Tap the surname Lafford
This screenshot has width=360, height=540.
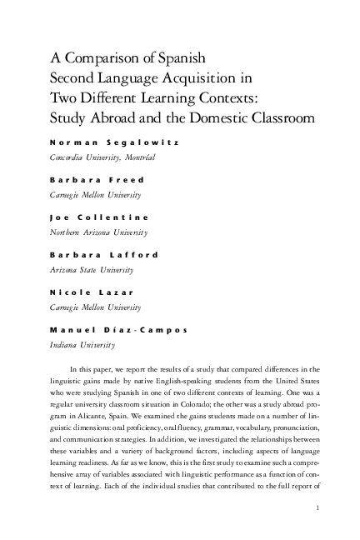[x=135, y=254]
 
